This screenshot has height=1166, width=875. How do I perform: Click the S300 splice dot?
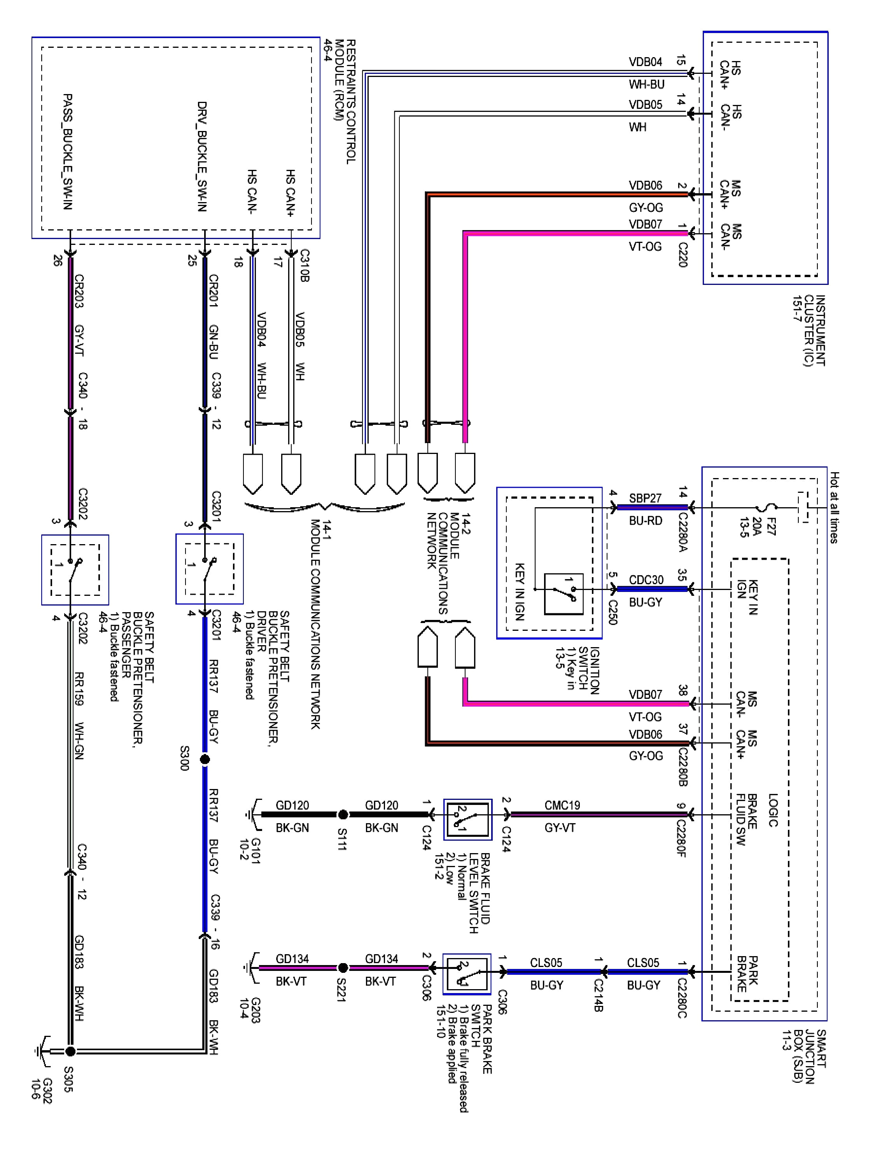[205, 759]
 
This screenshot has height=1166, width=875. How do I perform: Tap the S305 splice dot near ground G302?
[70, 1052]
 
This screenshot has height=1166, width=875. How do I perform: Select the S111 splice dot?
[343, 814]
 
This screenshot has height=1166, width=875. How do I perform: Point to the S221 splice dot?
[343, 968]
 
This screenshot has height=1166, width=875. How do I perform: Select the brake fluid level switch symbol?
[468, 819]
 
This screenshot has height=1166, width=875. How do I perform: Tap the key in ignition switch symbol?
[563, 593]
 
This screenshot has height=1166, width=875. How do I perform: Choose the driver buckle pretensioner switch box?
[209, 569]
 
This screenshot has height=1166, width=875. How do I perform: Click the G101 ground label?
[249, 849]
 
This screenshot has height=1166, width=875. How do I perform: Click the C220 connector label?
[682, 255]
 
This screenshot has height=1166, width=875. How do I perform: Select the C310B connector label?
[304, 266]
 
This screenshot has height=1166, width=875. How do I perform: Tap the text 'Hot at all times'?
[834, 507]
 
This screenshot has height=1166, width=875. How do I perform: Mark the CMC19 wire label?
[562, 805]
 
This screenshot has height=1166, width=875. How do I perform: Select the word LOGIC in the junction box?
[773, 810]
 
